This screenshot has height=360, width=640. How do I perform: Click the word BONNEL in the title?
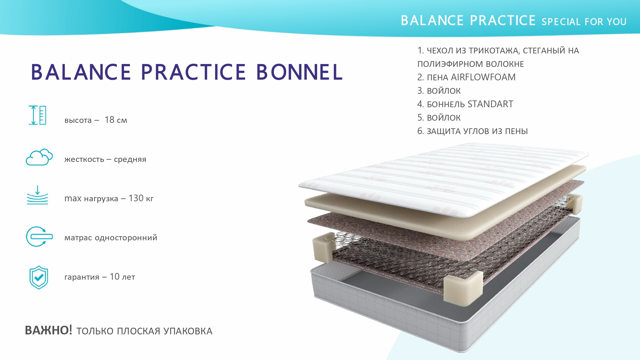(300, 72)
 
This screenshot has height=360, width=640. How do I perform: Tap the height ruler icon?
(37, 115)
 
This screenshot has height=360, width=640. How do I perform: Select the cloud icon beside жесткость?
(39, 157)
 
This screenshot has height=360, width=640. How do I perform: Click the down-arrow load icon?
(37, 195)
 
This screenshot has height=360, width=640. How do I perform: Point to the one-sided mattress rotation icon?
(39, 237)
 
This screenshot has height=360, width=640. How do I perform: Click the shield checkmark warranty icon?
(39, 277)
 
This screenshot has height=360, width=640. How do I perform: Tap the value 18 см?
(116, 120)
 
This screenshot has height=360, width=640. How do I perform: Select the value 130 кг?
(141, 198)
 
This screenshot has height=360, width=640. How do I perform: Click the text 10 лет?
(123, 277)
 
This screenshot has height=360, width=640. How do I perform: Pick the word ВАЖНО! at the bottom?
(49, 330)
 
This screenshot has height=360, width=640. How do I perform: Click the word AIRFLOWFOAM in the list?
(483, 77)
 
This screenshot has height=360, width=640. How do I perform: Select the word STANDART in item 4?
(490, 104)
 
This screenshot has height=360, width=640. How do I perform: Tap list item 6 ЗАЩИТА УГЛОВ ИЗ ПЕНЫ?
(472, 131)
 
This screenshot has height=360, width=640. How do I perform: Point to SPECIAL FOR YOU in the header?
(584, 22)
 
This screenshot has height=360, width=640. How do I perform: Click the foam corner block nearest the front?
(463, 288)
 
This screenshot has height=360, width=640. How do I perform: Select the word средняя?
(130, 159)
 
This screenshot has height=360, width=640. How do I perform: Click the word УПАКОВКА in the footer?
(188, 331)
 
